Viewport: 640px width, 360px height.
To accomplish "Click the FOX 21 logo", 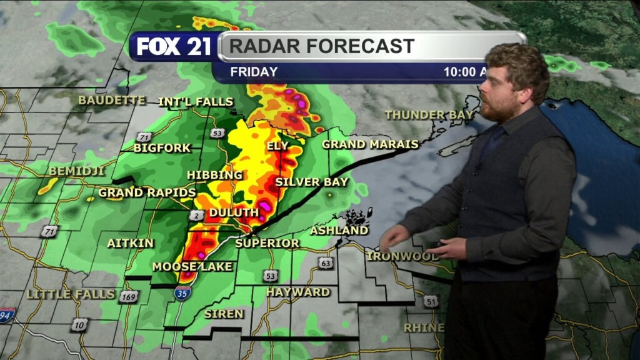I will pos(173,47).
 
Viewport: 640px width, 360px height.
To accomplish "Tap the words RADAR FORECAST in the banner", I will pos(321,46).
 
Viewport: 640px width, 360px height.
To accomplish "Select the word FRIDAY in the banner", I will pos(254,72).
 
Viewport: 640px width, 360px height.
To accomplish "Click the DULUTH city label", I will pos(234,212).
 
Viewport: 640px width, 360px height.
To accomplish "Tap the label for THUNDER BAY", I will pos(429,115).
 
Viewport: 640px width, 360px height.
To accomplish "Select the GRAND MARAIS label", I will pos(370,144).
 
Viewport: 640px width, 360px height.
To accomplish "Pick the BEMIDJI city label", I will pos(76,171).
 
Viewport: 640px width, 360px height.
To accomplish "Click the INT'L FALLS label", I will pos(196,102).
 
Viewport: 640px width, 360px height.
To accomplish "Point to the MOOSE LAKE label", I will pos(192,267).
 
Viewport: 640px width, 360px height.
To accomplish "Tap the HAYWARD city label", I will pos(298,292).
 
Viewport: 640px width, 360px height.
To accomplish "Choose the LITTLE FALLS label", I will pos(71,294).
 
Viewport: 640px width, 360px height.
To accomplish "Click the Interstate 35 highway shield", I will pos(182,292).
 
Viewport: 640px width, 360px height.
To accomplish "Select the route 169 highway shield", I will pos(128,296).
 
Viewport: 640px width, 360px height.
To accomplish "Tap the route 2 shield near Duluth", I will pos(195,215).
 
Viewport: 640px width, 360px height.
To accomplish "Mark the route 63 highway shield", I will pos(326,262).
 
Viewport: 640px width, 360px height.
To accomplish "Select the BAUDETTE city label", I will pos(112,100).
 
